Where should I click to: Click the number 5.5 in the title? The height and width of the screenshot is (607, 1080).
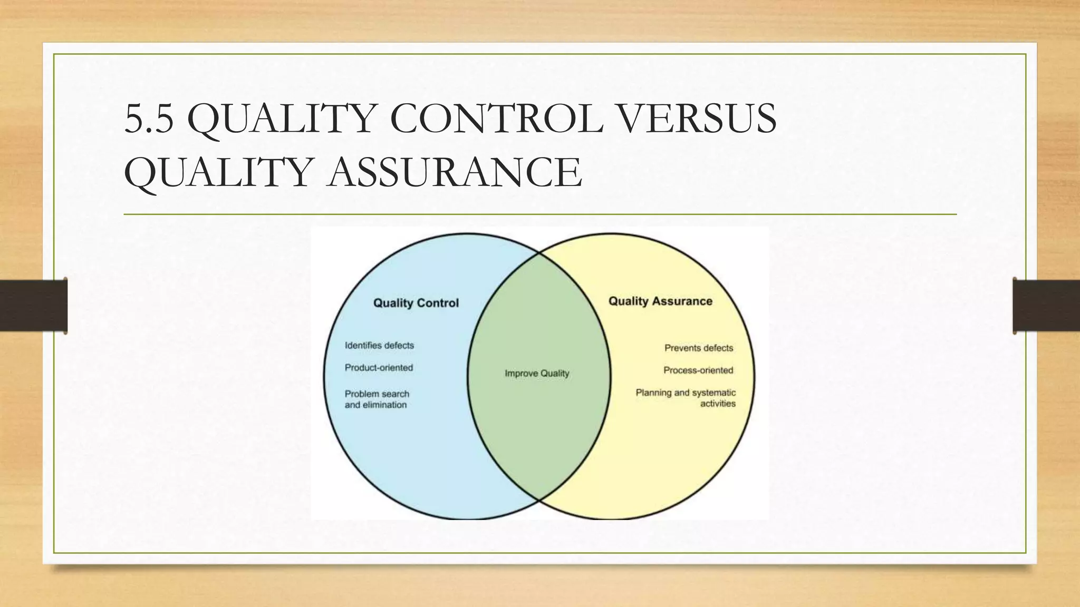(x=149, y=119)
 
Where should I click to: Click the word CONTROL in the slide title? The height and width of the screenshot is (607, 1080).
(x=496, y=119)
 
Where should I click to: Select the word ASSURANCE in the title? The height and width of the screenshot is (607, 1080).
(x=455, y=172)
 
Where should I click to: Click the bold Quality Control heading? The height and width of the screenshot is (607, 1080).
(x=416, y=303)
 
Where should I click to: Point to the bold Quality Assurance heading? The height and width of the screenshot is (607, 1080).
(x=660, y=301)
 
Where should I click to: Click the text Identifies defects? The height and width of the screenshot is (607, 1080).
(x=379, y=346)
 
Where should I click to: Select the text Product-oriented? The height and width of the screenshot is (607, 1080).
(x=379, y=368)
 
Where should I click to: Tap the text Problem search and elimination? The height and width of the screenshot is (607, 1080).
(x=377, y=399)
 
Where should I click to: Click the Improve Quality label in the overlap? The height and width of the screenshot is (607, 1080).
(x=537, y=374)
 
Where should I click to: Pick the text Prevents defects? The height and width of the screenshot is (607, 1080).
(x=699, y=348)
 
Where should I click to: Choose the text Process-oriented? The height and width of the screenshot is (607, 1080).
(x=698, y=370)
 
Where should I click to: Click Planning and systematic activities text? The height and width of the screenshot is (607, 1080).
(x=686, y=398)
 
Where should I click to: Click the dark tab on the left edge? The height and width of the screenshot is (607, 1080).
(x=33, y=306)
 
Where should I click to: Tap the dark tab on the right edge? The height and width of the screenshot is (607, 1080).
(x=1046, y=306)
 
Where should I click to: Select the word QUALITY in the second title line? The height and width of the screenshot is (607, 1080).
(x=217, y=172)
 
